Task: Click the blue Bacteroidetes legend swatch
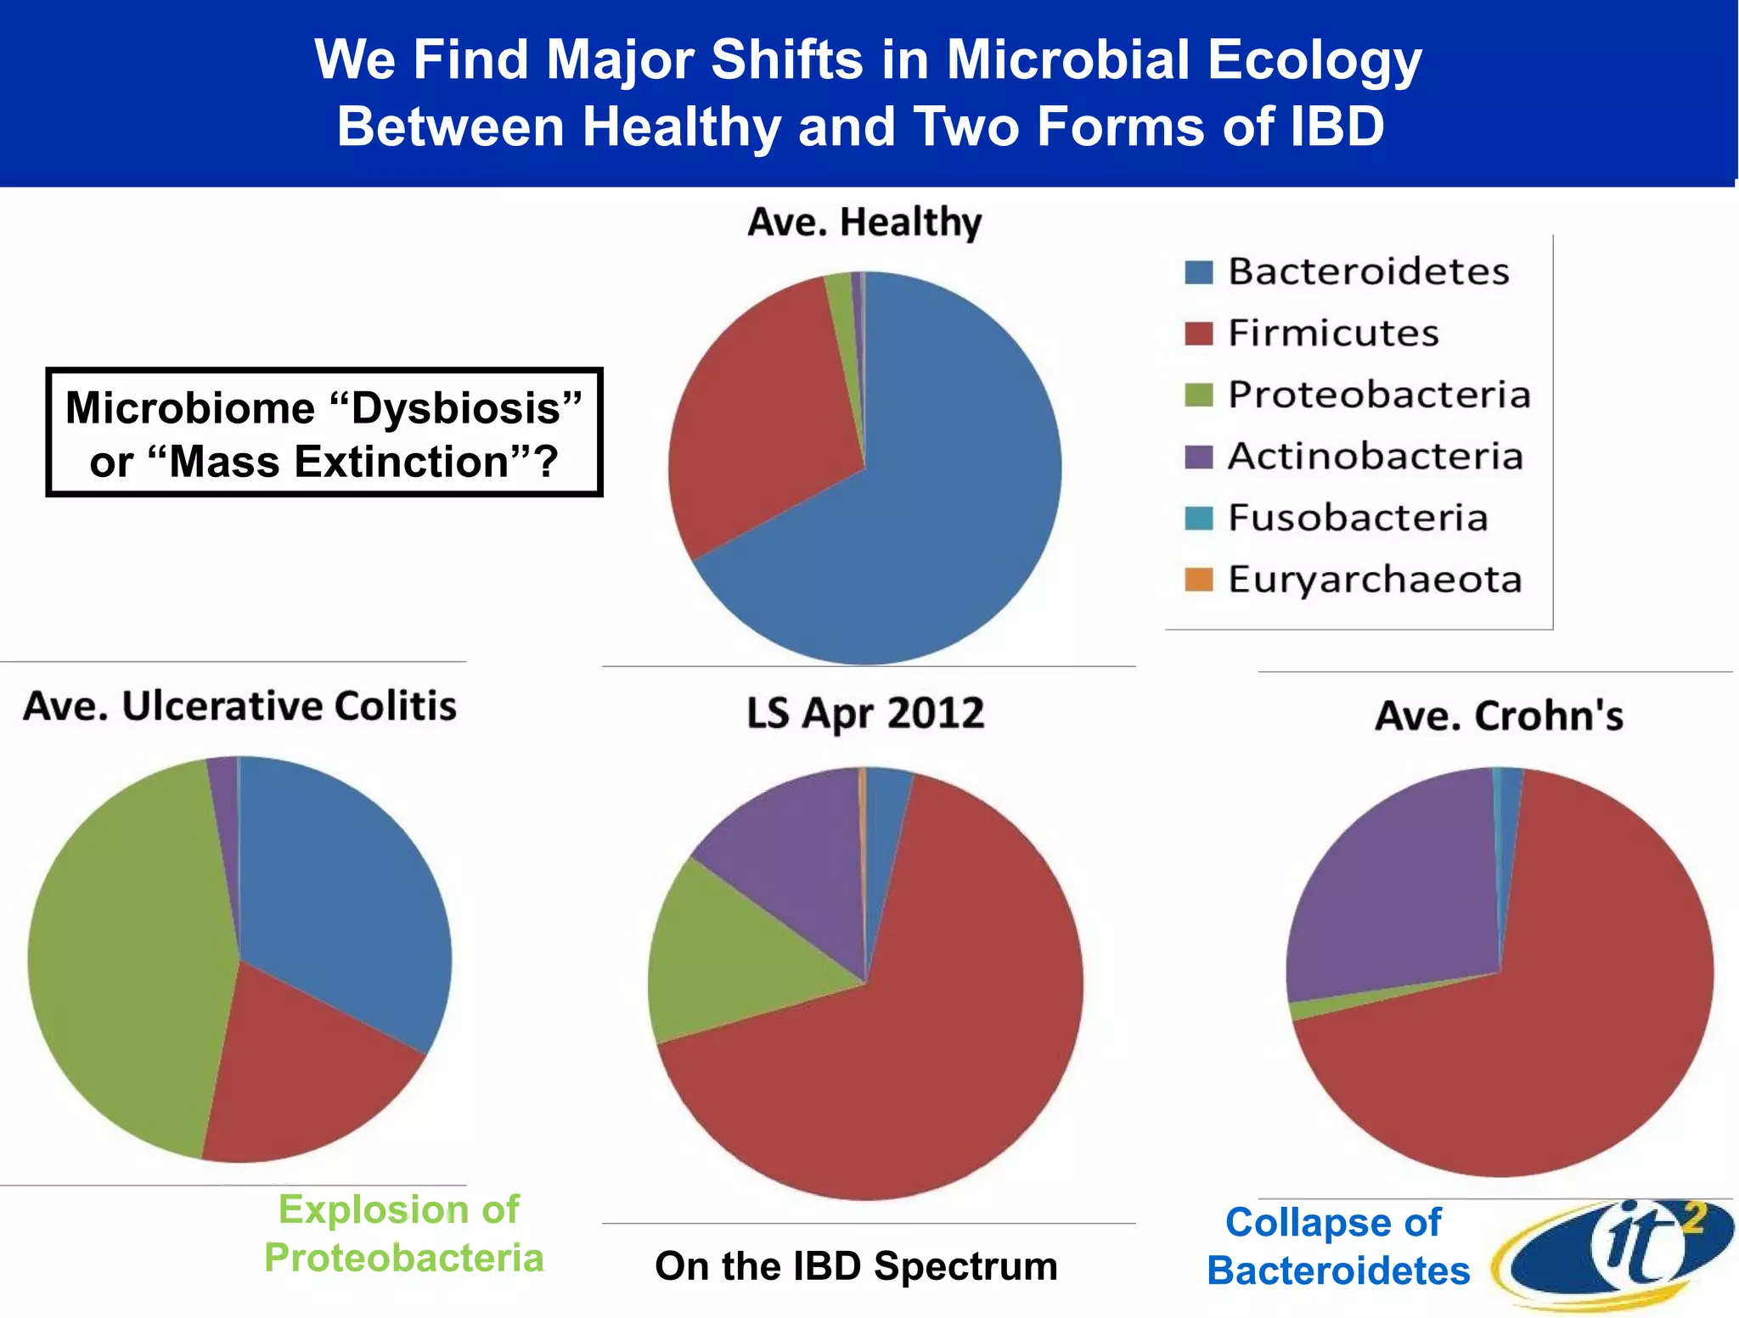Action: click(1198, 272)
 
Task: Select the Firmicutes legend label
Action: click(1333, 334)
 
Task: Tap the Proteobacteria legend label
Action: click(1379, 395)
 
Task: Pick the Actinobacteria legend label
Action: click(1375, 457)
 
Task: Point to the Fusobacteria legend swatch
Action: click(1198, 518)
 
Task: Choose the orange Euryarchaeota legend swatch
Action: click(1198, 580)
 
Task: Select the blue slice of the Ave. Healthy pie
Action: click(934, 509)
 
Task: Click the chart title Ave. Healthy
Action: click(864, 222)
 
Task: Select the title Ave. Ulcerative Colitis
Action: click(239, 706)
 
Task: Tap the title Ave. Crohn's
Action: click(1499, 715)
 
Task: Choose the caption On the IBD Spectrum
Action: click(856, 1266)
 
